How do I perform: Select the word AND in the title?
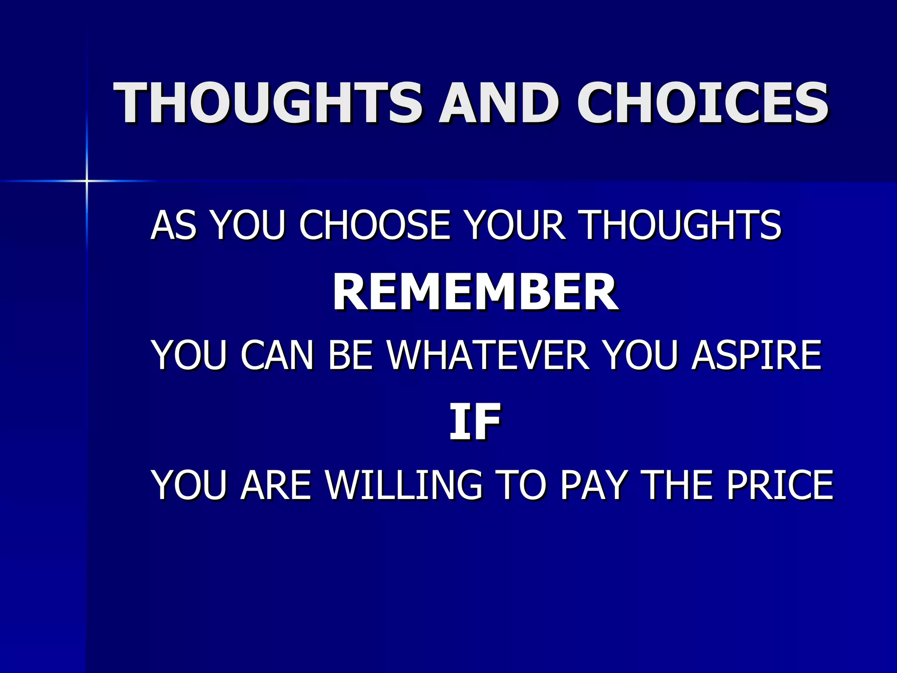(x=499, y=103)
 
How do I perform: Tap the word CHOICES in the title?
(x=702, y=103)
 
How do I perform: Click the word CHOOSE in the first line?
(x=374, y=225)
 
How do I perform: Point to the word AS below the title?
(x=173, y=225)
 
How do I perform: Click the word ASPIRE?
(x=756, y=355)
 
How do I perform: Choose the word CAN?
(x=277, y=355)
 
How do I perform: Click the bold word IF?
(x=475, y=422)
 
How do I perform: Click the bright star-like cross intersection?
(x=87, y=181)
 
